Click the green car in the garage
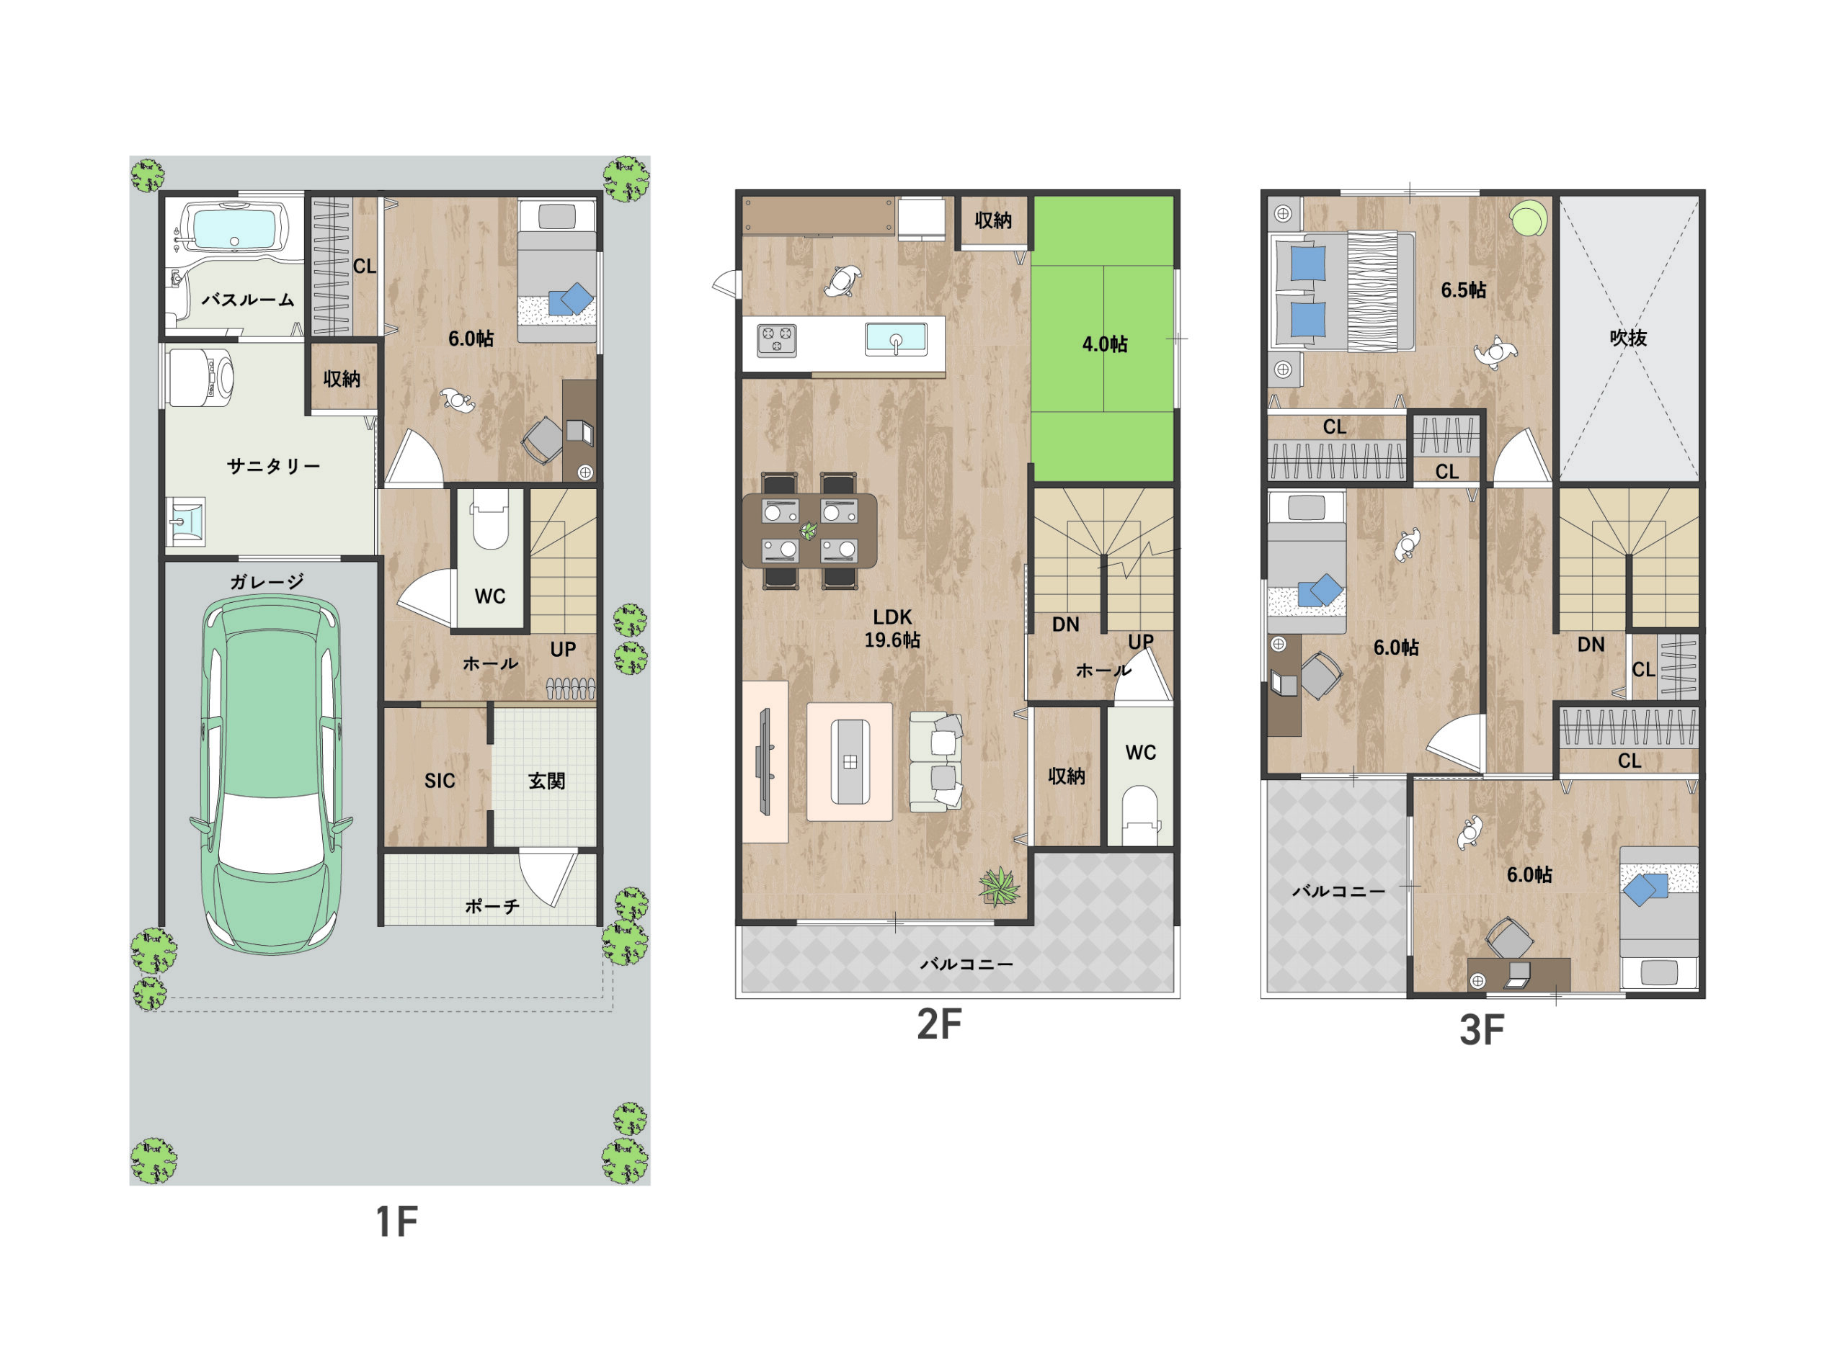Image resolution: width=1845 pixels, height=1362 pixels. pyautogui.click(x=272, y=774)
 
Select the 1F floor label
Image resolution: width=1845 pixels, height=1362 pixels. pyautogui.click(x=396, y=1221)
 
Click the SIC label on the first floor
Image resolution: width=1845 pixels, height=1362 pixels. pyautogui.click(x=440, y=780)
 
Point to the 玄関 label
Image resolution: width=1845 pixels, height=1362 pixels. pyautogui.click(x=547, y=780)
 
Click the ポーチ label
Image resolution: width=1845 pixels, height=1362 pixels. pyautogui.click(x=492, y=906)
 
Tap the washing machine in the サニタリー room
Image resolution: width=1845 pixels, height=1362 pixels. pyautogui.click(x=201, y=377)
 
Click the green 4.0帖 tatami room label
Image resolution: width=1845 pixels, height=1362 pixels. pyautogui.click(x=1105, y=344)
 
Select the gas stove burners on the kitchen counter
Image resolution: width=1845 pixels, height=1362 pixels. pyautogui.click(x=777, y=340)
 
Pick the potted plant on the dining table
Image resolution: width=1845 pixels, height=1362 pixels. pyautogui.click(x=809, y=530)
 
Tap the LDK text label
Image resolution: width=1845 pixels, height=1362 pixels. pyautogui.click(x=892, y=616)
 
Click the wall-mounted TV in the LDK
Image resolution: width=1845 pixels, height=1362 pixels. pyautogui.click(x=763, y=760)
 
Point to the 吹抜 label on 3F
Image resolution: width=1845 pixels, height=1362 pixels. pyautogui.click(x=1628, y=337)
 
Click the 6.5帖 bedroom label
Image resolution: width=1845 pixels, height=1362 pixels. pyautogui.click(x=1464, y=290)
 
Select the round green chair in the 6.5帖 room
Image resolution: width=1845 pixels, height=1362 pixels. pyautogui.click(x=1529, y=218)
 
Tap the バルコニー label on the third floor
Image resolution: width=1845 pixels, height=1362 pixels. pyautogui.click(x=1338, y=891)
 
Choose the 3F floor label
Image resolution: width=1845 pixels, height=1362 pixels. pyautogui.click(x=1482, y=1030)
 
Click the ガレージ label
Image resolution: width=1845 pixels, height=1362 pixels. pyautogui.click(x=267, y=581)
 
